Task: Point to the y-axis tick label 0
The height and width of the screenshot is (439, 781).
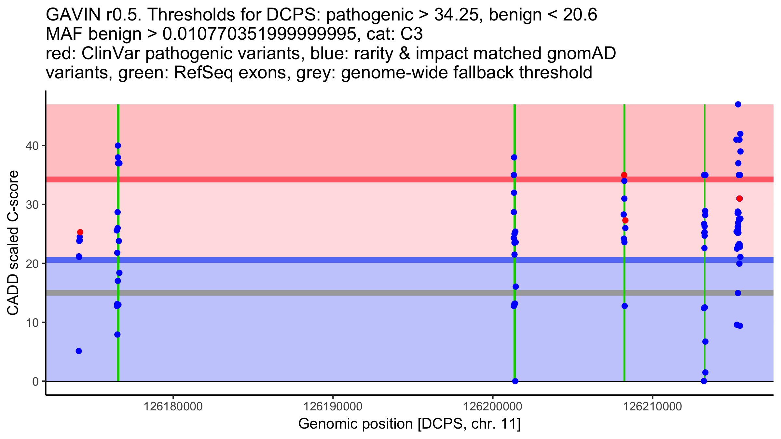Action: [x=35, y=381]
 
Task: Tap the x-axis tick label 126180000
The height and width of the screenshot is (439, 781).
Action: [x=173, y=406]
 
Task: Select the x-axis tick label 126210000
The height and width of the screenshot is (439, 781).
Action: [x=652, y=406]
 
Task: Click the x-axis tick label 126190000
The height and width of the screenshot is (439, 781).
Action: [x=333, y=406]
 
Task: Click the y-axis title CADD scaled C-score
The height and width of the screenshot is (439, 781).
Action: [x=13, y=243]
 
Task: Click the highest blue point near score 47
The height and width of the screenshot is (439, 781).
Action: [x=738, y=104]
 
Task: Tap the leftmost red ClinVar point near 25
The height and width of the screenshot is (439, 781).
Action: [x=80, y=232]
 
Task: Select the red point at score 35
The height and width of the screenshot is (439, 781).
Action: [x=624, y=175]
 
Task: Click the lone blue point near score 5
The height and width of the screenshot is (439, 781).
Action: [x=79, y=351]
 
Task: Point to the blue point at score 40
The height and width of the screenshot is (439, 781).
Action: [x=118, y=145]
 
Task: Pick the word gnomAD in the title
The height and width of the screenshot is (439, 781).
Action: [x=581, y=54]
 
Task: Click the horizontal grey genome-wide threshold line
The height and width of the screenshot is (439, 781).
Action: [x=325, y=293]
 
